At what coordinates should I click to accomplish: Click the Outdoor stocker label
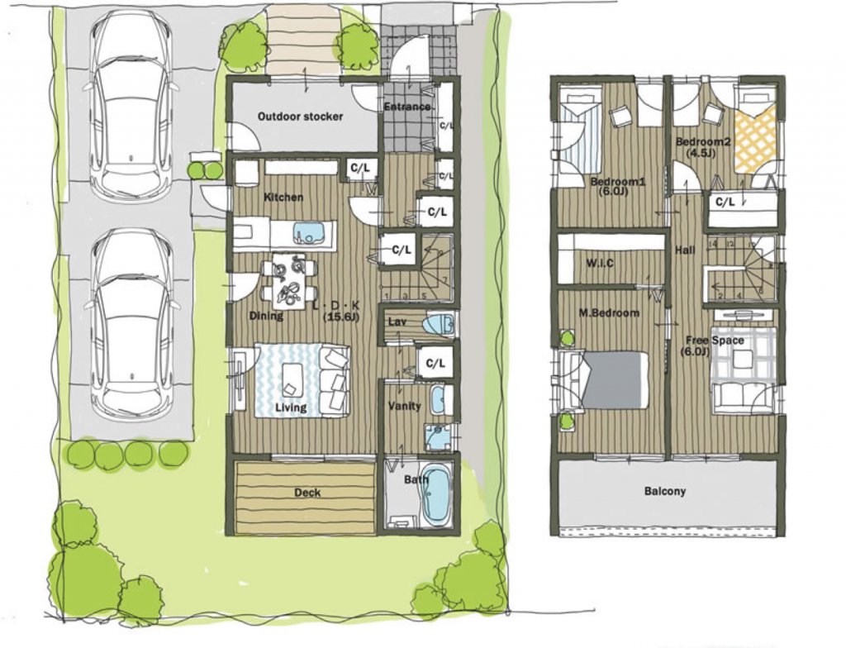point(300,117)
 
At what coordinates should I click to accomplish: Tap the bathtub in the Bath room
point(435,494)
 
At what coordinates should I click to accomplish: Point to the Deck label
point(307,493)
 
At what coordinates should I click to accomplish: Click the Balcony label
point(665,491)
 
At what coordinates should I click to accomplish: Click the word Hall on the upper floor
point(684,250)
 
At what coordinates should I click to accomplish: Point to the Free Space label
point(712,341)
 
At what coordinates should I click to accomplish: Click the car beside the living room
point(132,322)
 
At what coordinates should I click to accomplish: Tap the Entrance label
point(406,107)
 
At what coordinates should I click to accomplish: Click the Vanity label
point(404,406)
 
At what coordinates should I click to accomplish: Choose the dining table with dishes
point(288,280)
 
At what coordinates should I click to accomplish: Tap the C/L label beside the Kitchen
point(359,169)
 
